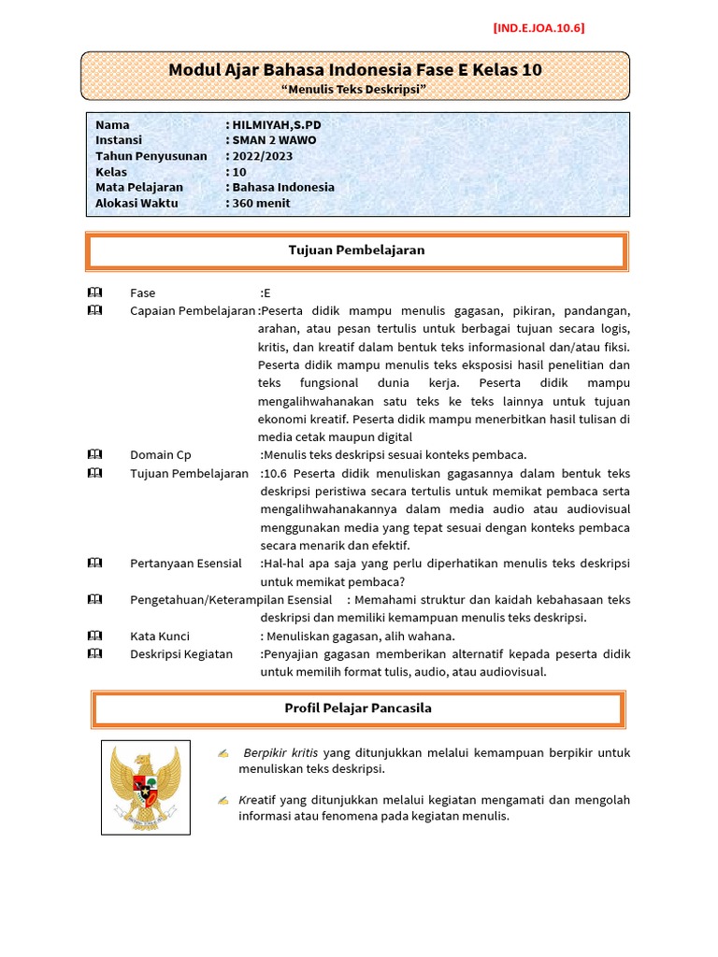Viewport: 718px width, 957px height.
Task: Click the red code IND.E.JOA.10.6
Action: [x=538, y=28]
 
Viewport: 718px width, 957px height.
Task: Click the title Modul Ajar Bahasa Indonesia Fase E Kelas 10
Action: [x=354, y=70]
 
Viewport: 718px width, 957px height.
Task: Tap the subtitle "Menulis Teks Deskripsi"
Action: [x=354, y=89]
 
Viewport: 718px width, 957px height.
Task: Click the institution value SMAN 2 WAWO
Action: [x=274, y=140]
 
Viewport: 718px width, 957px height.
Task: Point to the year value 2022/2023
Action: [x=265, y=156]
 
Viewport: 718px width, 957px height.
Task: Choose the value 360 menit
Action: [x=261, y=203]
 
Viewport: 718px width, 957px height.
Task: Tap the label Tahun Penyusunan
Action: [x=151, y=156]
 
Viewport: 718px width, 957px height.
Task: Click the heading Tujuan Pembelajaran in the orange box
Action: [x=355, y=250]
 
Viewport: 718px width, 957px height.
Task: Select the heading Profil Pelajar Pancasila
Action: [x=358, y=708]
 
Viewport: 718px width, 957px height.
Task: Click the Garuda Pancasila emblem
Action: [x=145, y=787]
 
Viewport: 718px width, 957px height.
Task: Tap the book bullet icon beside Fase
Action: [x=94, y=293]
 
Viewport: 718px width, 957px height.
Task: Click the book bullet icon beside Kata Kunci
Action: [x=94, y=636]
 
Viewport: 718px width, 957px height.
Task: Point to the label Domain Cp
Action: [x=160, y=454]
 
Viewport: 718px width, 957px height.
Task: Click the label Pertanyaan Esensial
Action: [x=185, y=564]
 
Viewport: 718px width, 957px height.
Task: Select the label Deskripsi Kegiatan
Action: [x=180, y=653]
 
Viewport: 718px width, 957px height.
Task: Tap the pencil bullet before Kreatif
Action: [x=223, y=800]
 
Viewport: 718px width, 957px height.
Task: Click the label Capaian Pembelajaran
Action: [x=192, y=310]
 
